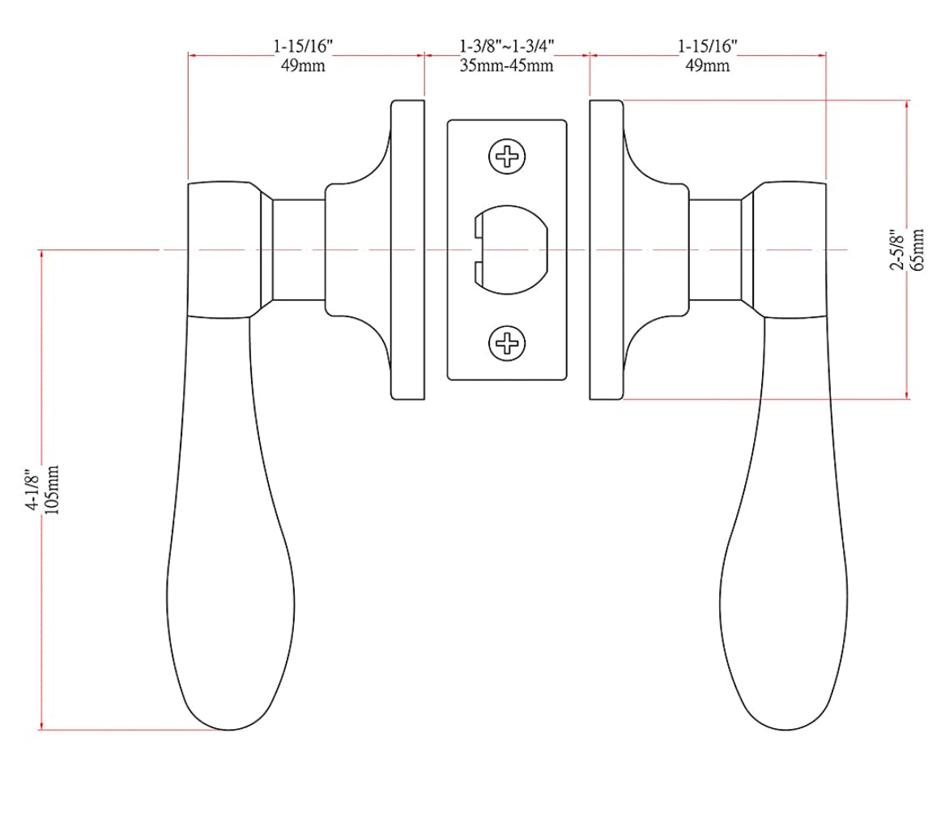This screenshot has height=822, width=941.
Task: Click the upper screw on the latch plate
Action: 508,155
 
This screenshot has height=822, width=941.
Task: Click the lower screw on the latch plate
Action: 508,344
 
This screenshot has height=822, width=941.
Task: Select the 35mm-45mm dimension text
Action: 506,66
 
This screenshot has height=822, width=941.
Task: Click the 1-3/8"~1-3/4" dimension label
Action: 506,47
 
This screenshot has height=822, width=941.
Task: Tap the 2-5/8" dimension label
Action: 897,250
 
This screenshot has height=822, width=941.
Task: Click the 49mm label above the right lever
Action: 707,66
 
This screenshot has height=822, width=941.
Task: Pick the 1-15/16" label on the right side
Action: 707,47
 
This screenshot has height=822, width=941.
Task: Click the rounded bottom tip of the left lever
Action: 228,725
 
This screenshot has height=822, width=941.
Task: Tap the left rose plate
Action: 407,249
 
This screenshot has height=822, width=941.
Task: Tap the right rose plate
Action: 607,249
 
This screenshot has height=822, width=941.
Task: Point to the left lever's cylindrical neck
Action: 297,249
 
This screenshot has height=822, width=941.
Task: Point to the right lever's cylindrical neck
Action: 715,249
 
